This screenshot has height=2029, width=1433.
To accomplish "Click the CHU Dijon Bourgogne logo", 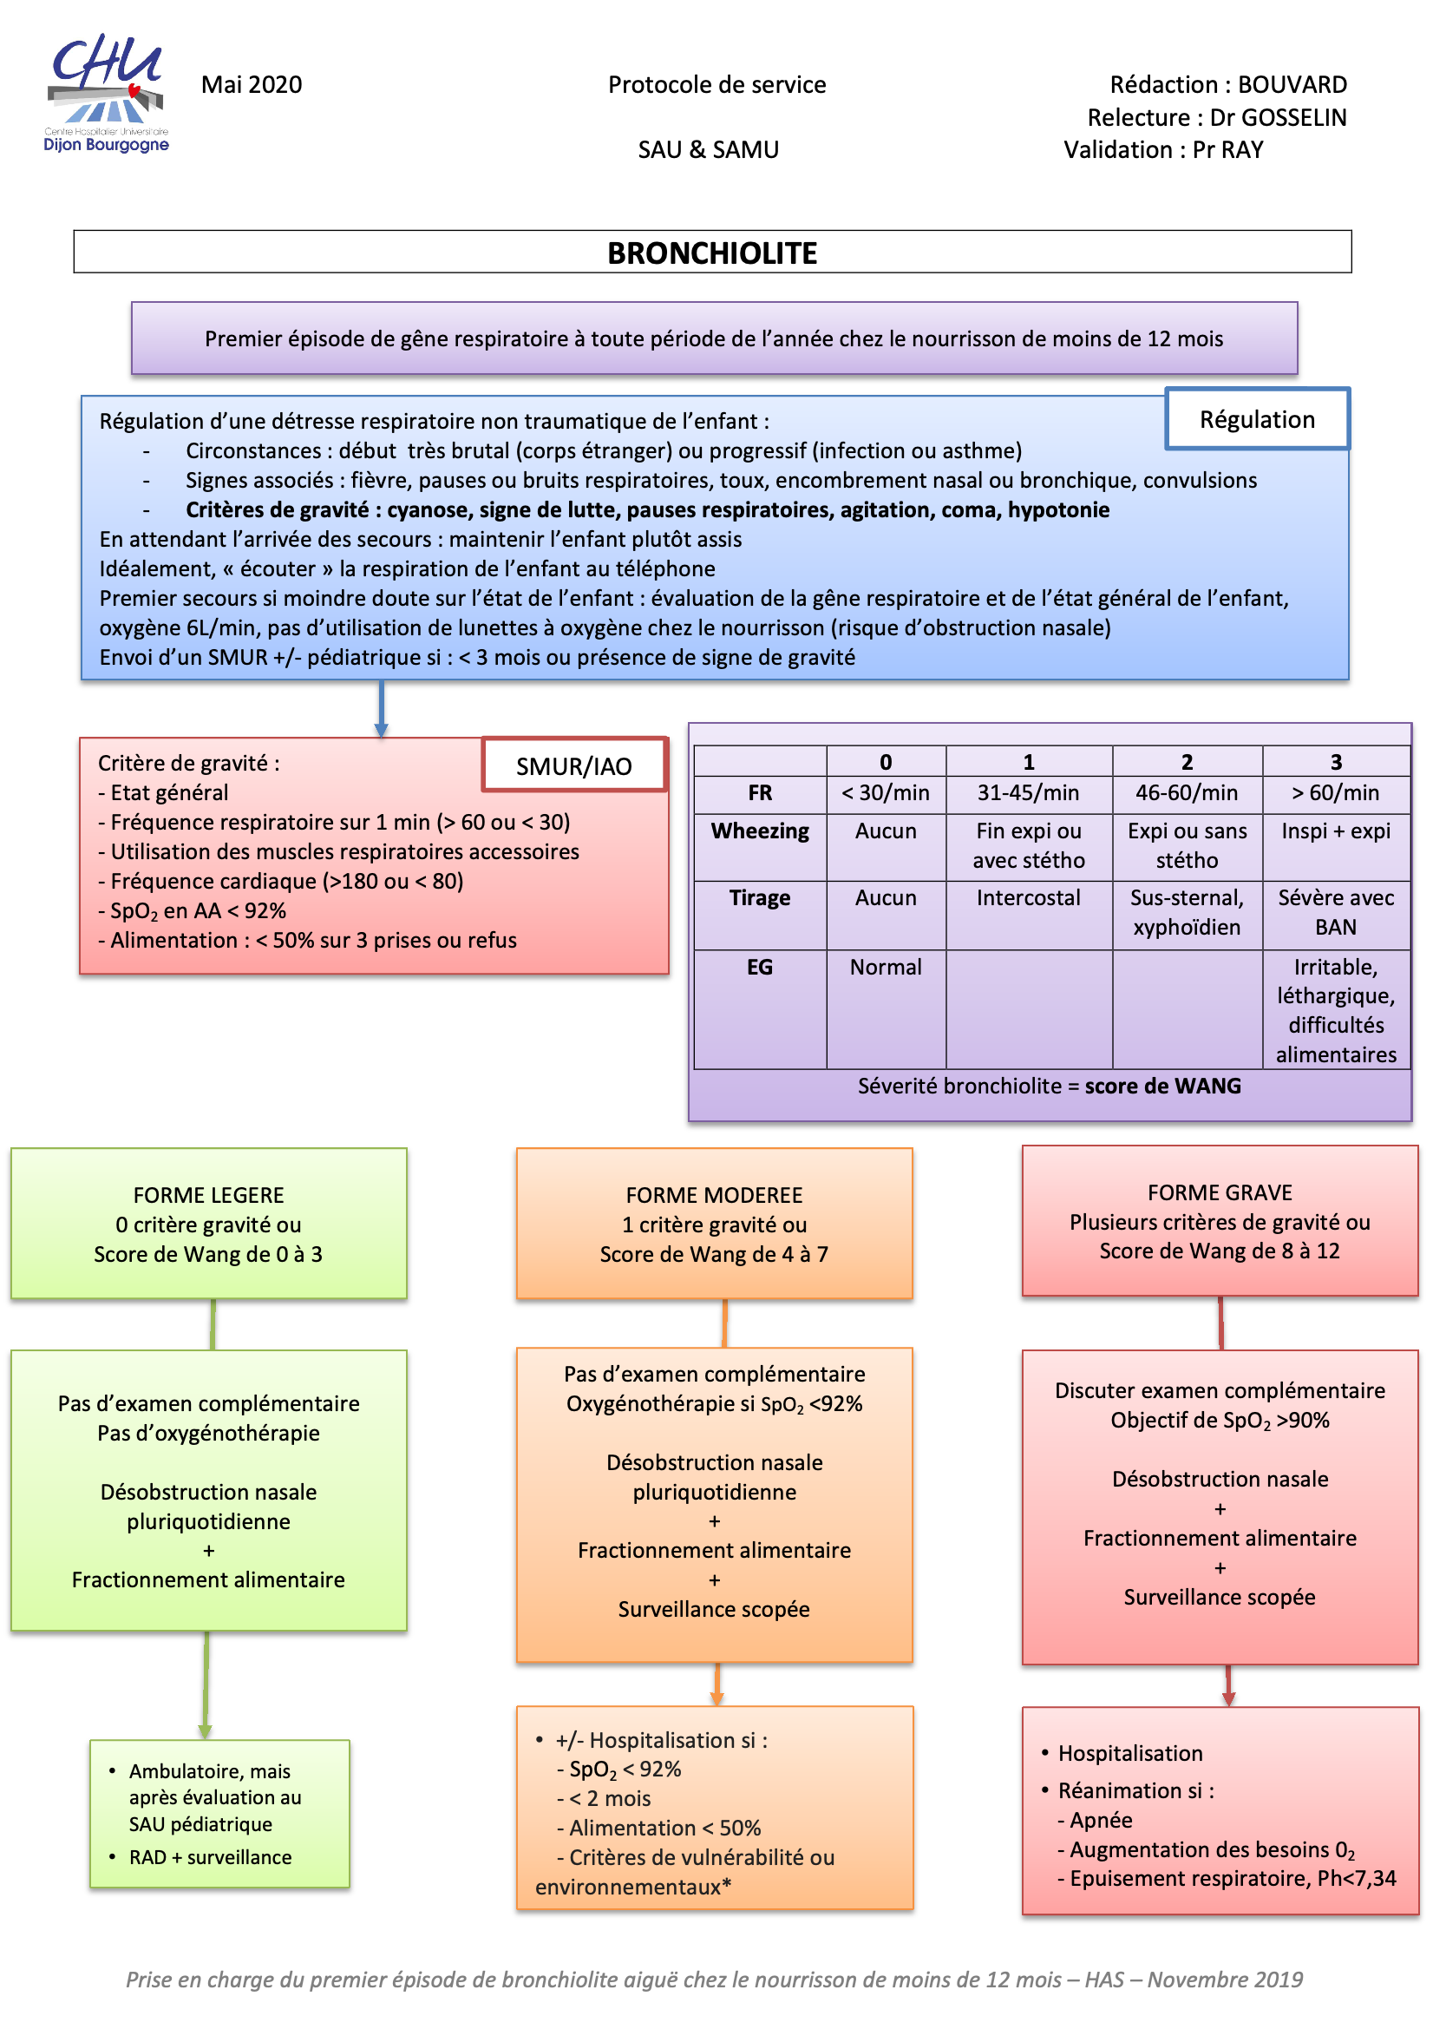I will (x=106, y=94).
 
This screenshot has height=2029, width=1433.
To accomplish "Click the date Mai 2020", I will (x=252, y=85).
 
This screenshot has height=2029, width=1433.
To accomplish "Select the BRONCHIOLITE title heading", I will (x=712, y=253).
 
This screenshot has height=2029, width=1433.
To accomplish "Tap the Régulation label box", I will (x=1256, y=419).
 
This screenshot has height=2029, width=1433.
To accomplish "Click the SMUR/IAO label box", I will (x=574, y=765).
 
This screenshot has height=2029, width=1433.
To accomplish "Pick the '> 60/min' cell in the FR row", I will (x=1335, y=792).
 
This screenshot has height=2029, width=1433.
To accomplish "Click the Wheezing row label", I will (x=760, y=831).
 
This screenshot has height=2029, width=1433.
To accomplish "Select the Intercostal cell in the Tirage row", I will (x=1028, y=898).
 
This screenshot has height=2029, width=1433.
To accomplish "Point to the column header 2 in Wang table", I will (x=1187, y=762).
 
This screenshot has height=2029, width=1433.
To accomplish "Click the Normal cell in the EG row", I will (x=886, y=967).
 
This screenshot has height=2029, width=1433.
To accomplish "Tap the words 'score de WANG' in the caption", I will (x=1162, y=1086).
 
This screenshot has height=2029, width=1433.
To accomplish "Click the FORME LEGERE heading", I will (x=208, y=1195).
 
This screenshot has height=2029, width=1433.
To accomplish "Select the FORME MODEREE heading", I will (x=714, y=1195).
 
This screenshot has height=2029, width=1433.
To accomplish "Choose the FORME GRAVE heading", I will (x=1220, y=1192).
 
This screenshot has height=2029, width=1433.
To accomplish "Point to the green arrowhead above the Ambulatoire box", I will (x=205, y=1730).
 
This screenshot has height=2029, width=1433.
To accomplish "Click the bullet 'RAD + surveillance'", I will (x=209, y=1856).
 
